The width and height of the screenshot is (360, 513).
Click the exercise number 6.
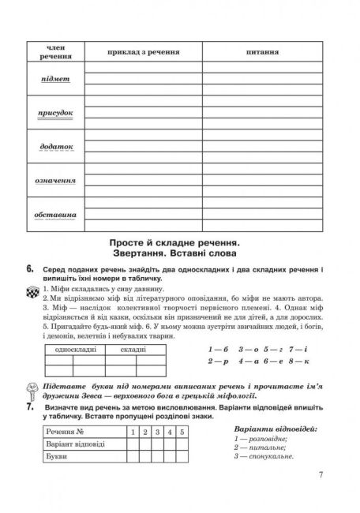[29, 271]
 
